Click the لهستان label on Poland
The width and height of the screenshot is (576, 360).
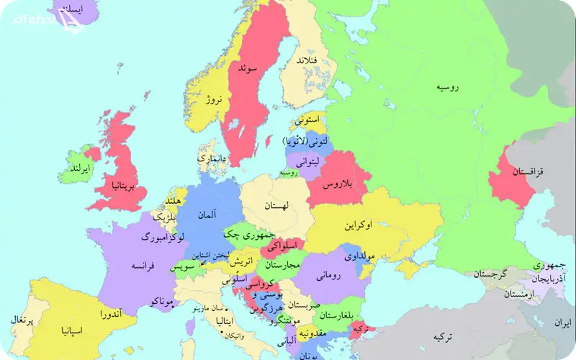point(275,206)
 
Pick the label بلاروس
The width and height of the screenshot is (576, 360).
point(339,185)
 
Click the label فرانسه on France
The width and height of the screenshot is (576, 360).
point(145,265)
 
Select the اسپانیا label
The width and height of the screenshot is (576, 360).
point(76,330)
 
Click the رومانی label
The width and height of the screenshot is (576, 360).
point(328,274)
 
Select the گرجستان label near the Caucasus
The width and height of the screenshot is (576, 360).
point(490,274)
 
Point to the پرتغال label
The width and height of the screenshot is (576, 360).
point(19,320)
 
